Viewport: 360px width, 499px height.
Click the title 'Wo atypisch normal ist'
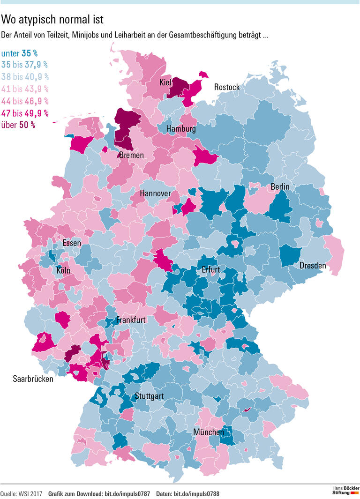click(x=52, y=20)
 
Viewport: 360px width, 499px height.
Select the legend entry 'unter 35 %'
click(x=19, y=53)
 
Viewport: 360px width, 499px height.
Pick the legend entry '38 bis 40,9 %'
click(x=25, y=77)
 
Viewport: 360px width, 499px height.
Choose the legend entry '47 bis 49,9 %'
click(x=25, y=113)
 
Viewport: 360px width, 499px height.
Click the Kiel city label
click(x=165, y=82)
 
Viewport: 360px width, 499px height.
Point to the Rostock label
click(x=227, y=87)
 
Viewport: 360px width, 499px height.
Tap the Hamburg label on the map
click(x=181, y=129)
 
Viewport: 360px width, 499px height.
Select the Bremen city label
click(x=131, y=155)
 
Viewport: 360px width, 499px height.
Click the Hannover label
click(x=155, y=194)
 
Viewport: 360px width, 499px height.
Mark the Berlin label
click(x=280, y=187)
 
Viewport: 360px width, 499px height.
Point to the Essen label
click(x=72, y=243)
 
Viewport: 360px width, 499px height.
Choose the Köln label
click(x=64, y=270)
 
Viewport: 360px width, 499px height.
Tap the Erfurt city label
click(x=210, y=270)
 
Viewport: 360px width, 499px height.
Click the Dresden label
click(x=313, y=266)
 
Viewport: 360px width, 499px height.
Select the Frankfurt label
click(x=131, y=320)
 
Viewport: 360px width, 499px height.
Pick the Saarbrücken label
click(x=33, y=379)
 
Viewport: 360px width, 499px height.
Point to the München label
click(x=209, y=432)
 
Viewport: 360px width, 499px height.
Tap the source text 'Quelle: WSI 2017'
click(x=21, y=494)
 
